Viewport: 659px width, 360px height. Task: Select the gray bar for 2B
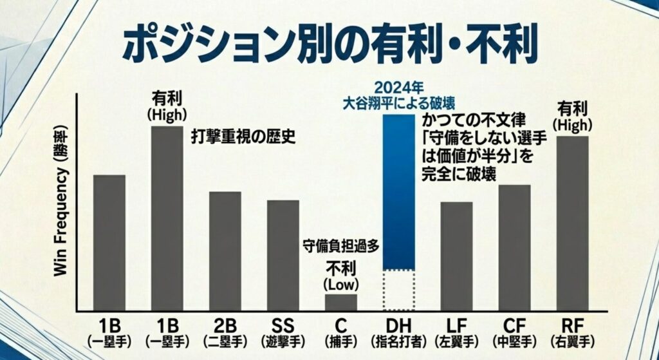coord(225,251)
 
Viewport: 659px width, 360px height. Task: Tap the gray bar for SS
coord(283,256)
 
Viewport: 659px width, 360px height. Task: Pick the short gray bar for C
coord(340,303)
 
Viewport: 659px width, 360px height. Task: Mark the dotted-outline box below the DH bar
coord(398,290)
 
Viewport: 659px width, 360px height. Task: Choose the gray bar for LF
coord(456,256)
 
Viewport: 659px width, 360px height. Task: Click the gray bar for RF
coord(572,223)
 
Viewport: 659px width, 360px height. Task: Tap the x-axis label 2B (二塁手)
coord(225,330)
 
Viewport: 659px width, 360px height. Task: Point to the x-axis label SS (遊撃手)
coord(283,330)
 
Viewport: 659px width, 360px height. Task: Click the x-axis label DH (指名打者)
coord(398,330)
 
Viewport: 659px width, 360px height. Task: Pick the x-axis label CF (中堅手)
coord(514,330)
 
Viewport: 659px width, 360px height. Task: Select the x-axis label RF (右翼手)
coord(572,330)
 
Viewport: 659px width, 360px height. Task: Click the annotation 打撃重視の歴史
coord(243,137)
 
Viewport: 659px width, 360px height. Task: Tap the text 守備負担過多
coord(340,245)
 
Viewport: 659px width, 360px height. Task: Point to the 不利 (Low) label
coord(340,274)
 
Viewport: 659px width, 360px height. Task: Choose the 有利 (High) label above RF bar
coord(572,114)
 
